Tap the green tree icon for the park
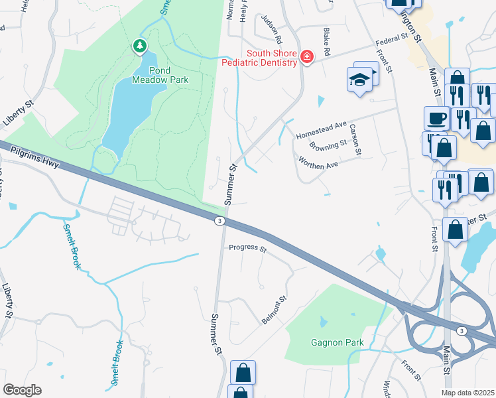tap(139, 46)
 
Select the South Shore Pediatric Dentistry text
tap(272, 58)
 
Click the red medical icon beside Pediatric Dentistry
tap(306, 58)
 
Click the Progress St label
tap(247, 249)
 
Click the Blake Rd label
tap(326, 42)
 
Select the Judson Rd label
tap(272, 28)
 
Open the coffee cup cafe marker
tap(436, 117)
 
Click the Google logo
tap(22, 390)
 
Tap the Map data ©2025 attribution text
tap(467, 393)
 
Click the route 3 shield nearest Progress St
tap(219, 220)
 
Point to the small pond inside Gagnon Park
tap(323, 321)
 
